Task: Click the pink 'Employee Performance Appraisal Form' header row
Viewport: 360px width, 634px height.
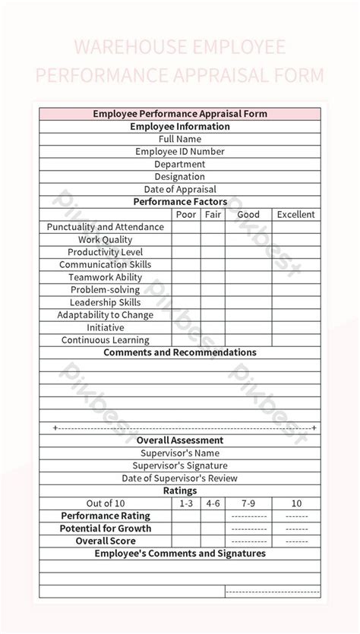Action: (180, 114)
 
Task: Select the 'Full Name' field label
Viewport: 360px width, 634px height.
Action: (180, 139)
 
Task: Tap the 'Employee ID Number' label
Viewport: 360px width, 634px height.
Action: (180, 152)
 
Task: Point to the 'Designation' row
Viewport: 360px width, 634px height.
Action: (180, 177)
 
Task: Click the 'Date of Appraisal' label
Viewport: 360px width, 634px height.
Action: (180, 189)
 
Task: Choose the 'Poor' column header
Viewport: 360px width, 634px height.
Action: (186, 215)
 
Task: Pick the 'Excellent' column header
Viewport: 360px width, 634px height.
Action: (295, 215)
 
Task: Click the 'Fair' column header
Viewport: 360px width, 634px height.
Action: (213, 215)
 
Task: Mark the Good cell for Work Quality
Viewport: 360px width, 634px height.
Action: (248, 240)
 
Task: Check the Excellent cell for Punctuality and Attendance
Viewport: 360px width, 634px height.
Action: (295, 227)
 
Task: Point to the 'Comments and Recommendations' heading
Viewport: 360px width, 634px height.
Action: (180, 353)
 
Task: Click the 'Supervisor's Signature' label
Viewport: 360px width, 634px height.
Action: (180, 465)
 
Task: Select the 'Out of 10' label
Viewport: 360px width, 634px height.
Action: (106, 503)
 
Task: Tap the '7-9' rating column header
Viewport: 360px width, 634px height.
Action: (248, 503)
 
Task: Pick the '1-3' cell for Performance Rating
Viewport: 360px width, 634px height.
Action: (186, 516)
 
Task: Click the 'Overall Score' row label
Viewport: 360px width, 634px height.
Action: (106, 541)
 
